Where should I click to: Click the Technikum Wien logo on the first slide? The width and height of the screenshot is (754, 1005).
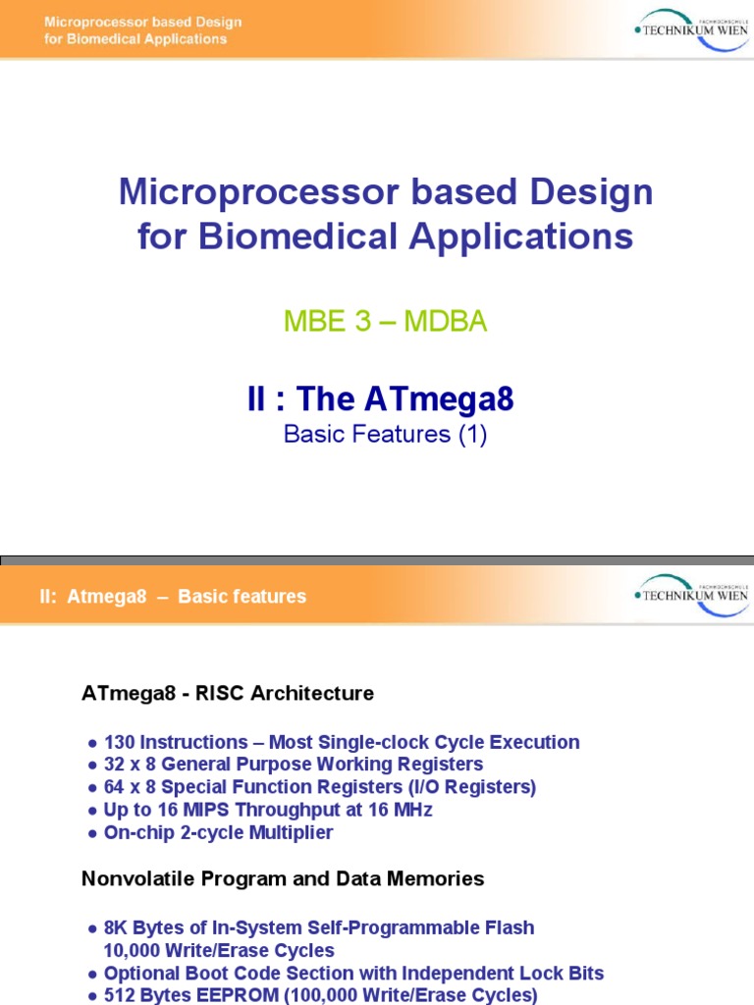692,30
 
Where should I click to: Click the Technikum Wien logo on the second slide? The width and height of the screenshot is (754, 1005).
692,596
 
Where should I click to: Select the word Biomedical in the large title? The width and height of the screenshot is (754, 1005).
298,236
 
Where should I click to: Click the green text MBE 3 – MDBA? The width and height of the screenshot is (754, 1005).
385,321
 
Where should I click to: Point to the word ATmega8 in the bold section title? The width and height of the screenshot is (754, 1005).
439,398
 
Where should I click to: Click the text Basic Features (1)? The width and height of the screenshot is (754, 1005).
385,435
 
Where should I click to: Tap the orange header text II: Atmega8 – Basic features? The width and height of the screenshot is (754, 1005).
173,596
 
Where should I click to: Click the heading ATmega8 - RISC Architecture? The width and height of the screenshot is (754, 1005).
228,693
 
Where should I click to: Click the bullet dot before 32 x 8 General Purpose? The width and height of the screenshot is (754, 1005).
92,766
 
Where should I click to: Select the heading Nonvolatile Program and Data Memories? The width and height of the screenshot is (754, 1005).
283,878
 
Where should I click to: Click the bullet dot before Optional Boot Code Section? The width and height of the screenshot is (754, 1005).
92,975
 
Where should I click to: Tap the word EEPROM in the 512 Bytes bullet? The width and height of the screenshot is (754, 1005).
238,995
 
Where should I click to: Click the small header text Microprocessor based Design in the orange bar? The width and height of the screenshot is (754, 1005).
143,22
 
